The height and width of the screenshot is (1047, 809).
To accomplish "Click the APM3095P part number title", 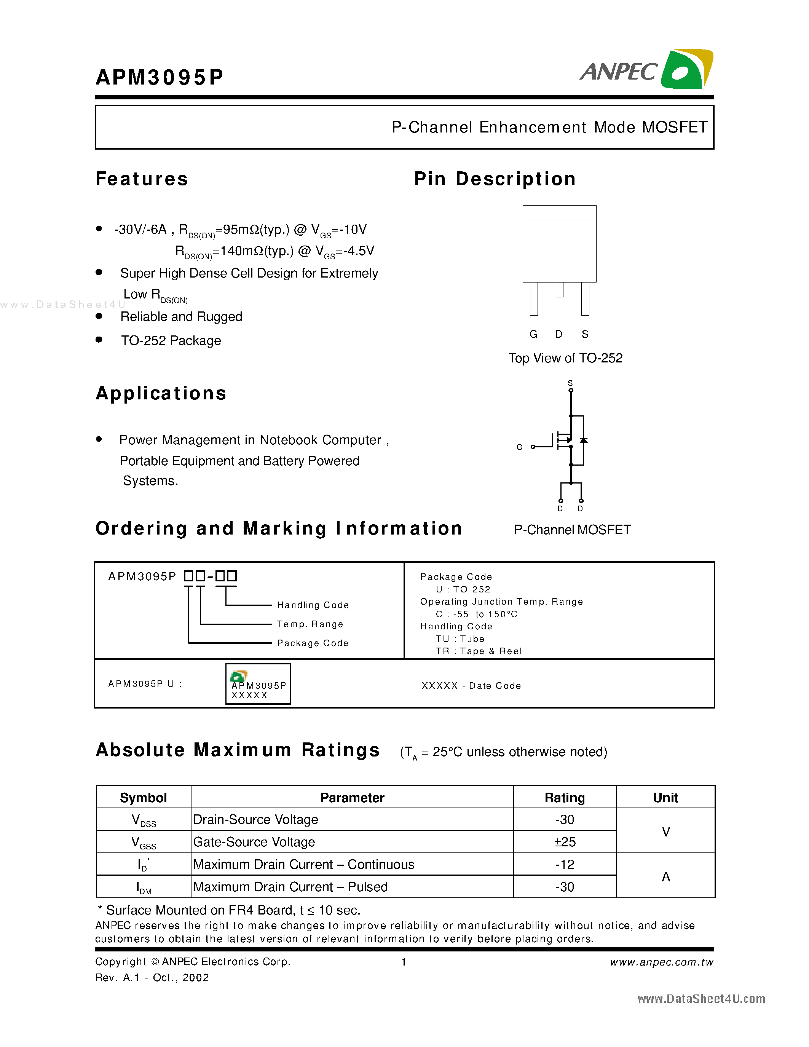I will (160, 77).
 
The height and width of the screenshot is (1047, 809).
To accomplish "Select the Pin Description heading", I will (495, 179).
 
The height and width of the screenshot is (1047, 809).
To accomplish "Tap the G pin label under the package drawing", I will (533, 334).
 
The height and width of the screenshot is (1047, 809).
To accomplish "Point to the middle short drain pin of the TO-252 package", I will (559, 290).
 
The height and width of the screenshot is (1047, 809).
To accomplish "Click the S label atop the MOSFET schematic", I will (570, 383).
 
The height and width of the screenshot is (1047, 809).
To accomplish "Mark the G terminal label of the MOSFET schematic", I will (519, 447).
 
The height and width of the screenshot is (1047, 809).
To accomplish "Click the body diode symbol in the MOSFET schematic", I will (583, 440).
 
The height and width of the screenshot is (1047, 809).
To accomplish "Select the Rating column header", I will (564, 798).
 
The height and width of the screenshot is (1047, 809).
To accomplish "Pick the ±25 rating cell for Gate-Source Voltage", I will (564, 842).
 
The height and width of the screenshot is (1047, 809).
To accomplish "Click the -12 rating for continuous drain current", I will (564, 864).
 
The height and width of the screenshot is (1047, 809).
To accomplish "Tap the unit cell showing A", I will (665, 876).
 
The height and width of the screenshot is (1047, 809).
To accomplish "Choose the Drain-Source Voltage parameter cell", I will (255, 820).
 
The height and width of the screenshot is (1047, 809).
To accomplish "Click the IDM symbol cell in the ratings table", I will (143, 887).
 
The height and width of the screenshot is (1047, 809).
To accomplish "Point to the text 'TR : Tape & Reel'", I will (478, 651).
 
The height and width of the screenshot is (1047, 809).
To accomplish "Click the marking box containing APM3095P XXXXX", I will (258, 684).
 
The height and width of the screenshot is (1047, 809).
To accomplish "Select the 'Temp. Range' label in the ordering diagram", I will (310, 624).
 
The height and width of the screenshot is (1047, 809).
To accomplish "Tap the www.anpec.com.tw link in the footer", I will (661, 962).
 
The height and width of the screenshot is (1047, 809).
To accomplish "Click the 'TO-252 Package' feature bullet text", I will (171, 340).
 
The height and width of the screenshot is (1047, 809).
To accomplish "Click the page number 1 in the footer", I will (404, 962).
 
